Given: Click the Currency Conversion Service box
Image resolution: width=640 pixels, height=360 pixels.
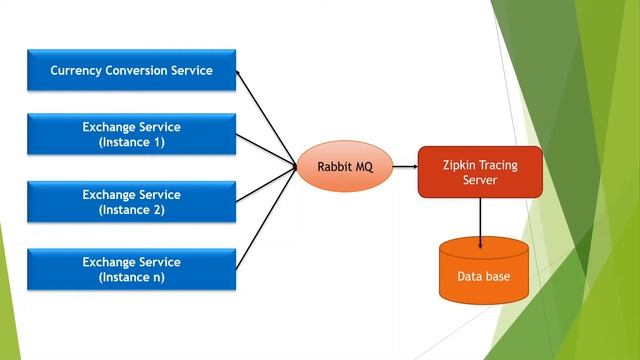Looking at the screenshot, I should point(132,70).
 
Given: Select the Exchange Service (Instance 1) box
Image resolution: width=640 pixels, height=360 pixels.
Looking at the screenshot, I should point(132,134).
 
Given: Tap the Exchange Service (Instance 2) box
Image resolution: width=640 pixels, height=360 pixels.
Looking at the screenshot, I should point(132,202).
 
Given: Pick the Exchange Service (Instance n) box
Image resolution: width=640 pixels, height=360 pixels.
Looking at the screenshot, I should point(132,269).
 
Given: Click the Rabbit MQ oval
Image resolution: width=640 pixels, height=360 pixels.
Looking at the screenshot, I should point(340,167).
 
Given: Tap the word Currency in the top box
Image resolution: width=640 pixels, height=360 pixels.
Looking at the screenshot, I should point(77,71).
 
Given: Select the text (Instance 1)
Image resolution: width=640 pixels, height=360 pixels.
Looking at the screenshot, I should point(132,143).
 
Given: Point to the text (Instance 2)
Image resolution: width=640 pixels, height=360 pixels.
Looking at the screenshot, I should point(132,211).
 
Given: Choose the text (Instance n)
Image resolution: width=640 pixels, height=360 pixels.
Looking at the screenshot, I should point(132,278).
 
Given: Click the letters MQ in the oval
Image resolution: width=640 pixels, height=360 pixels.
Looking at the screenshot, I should point(361,167).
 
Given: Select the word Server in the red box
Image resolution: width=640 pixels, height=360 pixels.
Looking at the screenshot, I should point(481,180).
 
